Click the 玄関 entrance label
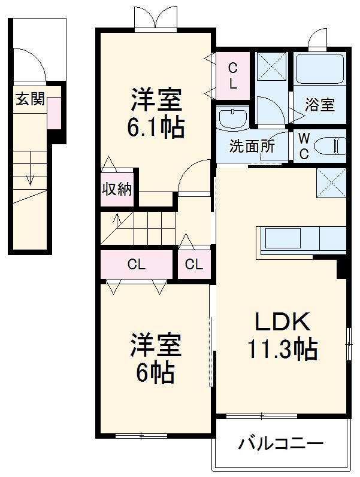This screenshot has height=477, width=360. (x=30, y=99)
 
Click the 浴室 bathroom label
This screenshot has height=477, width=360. (x=319, y=105)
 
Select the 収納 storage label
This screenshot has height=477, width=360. (x=117, y=189)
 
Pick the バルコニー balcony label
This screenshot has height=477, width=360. (x=281, y=444)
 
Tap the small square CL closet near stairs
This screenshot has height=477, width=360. (x=193, y=264)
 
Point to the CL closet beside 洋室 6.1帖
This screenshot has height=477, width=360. (x=232, y=74)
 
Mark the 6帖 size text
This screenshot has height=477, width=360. (x=154, y=373)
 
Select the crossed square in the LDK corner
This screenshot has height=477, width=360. (x=331, y=183)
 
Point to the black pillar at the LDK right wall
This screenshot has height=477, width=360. (x=342, y=268)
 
